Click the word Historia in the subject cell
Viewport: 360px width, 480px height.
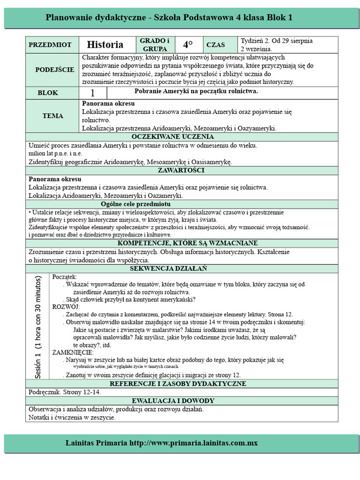pos(105,45)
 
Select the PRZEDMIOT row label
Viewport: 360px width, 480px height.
pos(50,45)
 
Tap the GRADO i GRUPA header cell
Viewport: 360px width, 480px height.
pos(155,45)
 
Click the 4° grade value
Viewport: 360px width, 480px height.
pos(188,45)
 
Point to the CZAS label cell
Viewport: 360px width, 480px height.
pos(216,45)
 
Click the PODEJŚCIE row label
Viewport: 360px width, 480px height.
pos(54,69)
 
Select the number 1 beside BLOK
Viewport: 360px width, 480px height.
pos(92,93)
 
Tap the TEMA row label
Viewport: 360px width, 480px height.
pos(52,116)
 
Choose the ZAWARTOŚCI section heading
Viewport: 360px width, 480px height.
pos(180,170)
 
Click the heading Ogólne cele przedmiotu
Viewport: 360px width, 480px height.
pos(135,204)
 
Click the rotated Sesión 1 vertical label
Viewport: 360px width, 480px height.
pos(38,327)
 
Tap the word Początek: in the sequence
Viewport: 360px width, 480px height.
pos(65,277)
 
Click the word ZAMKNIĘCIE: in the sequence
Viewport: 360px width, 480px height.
pos(73,352)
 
